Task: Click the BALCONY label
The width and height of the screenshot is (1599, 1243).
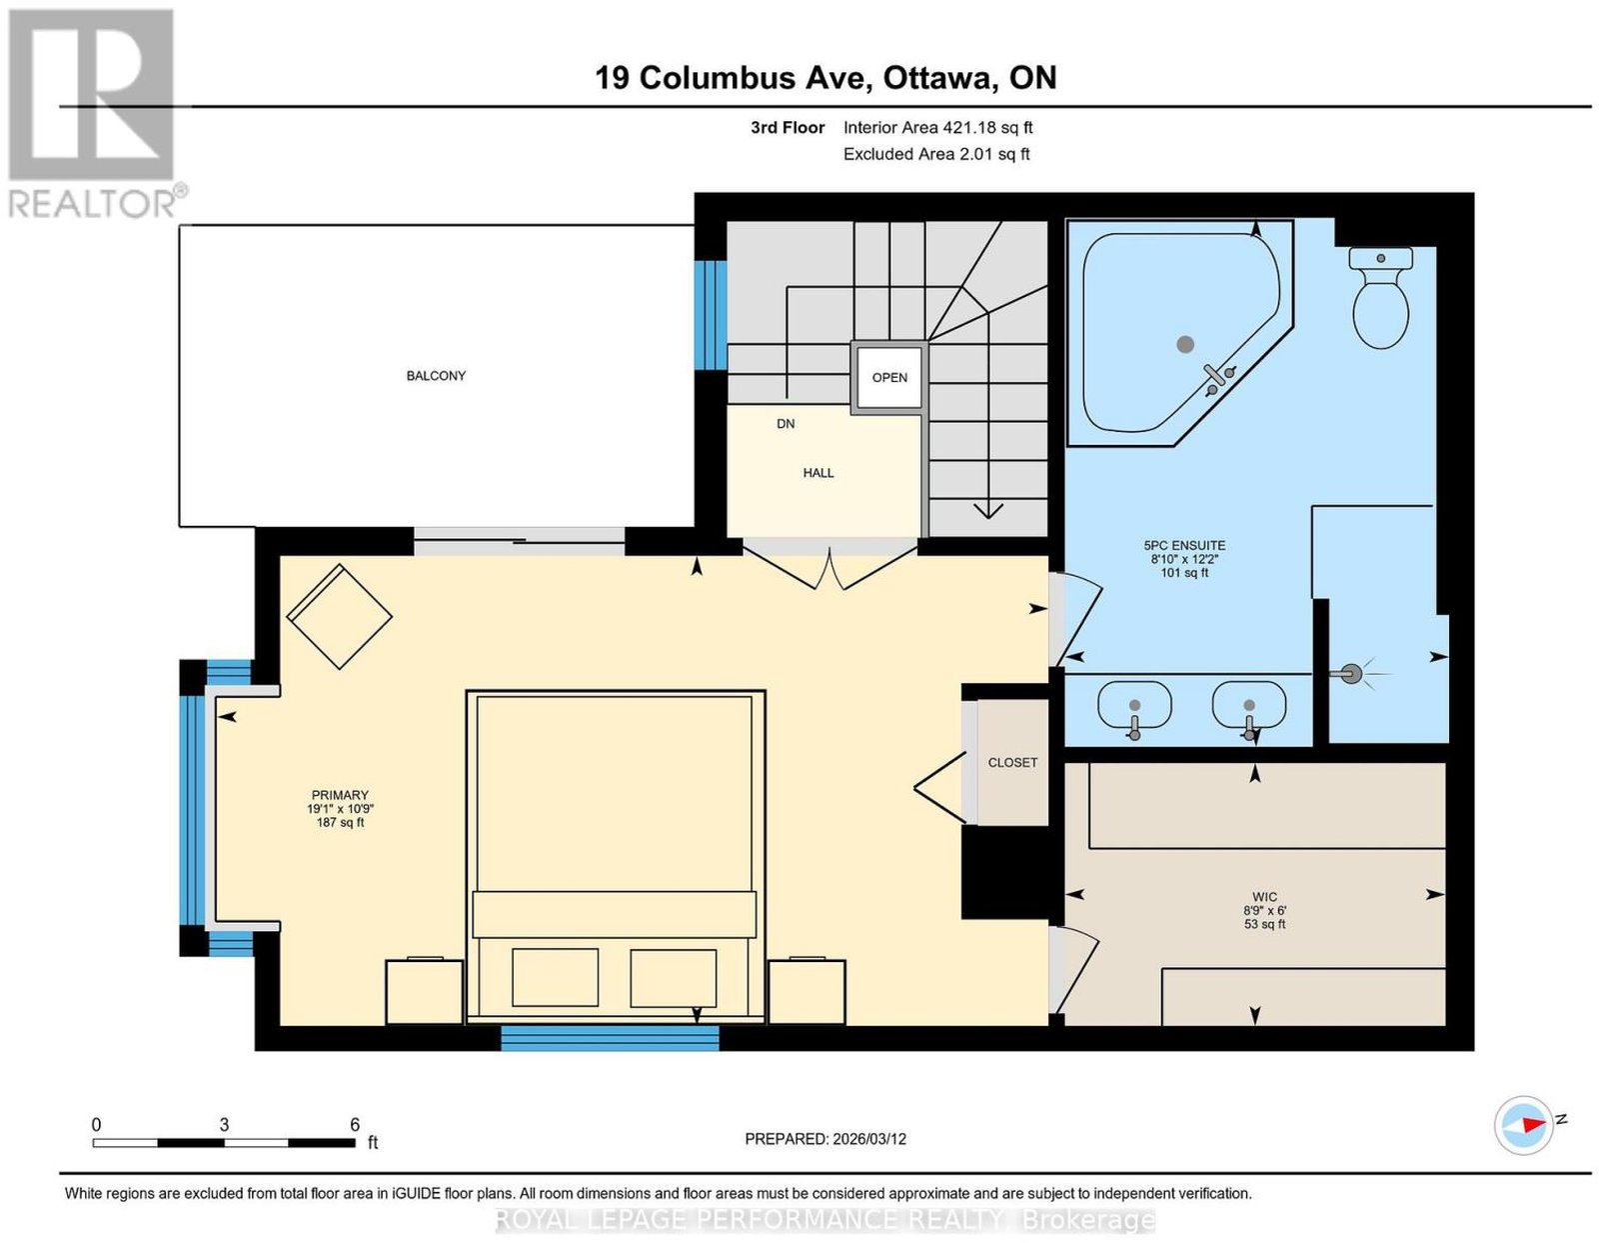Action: (x=436, y=375)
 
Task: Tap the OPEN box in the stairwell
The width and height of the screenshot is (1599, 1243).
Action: (x=888, y=378)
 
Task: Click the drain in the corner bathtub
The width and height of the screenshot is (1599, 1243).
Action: (x=1184, y=344)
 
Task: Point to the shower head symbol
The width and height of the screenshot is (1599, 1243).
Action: (x=1351, y=673)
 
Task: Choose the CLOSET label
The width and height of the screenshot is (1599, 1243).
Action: (x=1012, y=762)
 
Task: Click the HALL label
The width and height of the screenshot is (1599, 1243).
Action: (x=818, y=473)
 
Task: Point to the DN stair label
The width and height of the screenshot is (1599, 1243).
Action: (x=786, y=424)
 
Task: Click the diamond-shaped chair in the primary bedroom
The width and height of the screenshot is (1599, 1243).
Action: (x=339, y=617)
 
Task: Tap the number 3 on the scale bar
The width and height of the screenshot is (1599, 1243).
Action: (x=224, y=1125)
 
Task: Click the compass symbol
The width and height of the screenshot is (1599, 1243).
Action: (x=1523, y=1146)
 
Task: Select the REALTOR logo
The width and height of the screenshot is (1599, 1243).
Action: (x=94, y=114)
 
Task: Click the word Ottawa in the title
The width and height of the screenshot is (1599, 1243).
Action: (x=936, y=78)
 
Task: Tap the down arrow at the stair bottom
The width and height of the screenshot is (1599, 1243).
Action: (x=987, y=510)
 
